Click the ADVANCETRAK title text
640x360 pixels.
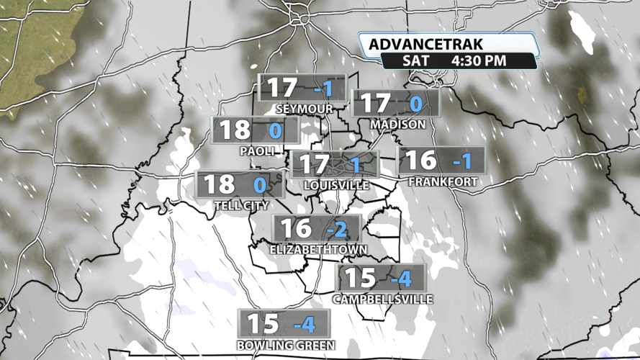[x=425, y=45]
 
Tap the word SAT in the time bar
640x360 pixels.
[x=417, y=61]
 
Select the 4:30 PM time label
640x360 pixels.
[x=479, y=61]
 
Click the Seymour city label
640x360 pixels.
[x=304, y=109]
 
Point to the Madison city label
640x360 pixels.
[x=398, y=125]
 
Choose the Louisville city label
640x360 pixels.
[x=336, y=185]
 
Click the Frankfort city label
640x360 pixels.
[x=443, y=181]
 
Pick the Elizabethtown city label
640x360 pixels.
[x=318, y=250]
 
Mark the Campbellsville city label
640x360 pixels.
[x=383, y=299]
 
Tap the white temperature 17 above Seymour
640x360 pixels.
[x=282, y=88]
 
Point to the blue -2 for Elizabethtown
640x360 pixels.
[x=336, y=230]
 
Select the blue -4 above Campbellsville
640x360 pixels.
[x=400, y=278]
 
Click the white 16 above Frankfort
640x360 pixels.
[x=422, y=161]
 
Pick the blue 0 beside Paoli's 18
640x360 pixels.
[x=274, y=131]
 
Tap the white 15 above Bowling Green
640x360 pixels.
[x=263, y=323]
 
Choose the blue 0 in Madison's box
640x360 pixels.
[x=415, y=104]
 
